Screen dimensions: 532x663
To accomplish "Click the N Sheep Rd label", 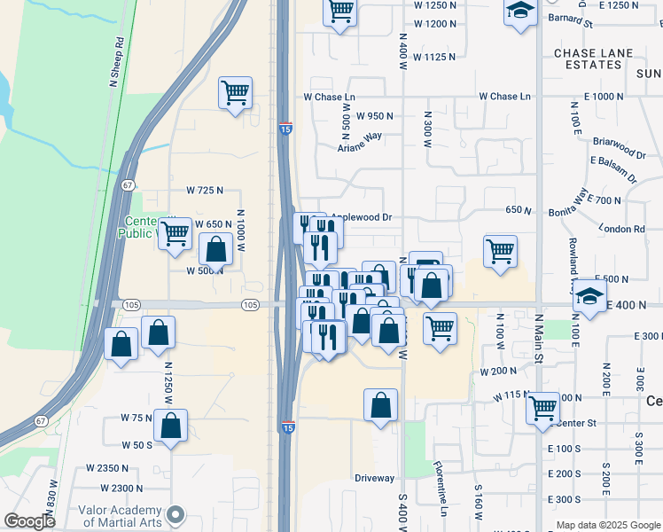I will (116, 60).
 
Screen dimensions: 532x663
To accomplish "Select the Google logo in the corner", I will (29, 521).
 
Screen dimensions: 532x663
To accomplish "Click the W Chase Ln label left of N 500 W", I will (329, 96).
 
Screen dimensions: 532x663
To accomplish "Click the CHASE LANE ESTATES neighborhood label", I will (594, 59).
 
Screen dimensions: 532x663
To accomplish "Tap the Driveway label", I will (374, 478).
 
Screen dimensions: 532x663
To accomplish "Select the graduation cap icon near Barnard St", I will (521, 12).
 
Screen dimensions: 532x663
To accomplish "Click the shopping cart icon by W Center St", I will (542, 409).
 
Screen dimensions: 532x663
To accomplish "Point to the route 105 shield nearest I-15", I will (250, 305).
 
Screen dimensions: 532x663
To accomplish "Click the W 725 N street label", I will (205, 191).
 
